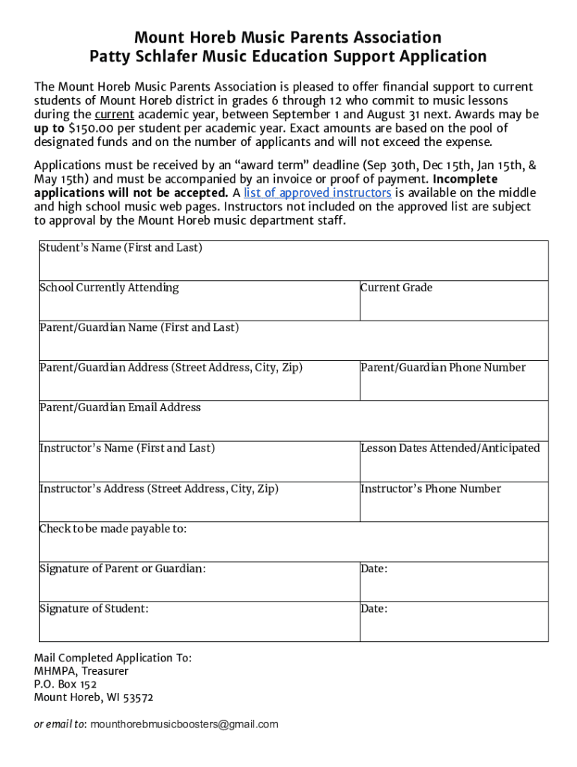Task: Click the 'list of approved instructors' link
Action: click(318, 192)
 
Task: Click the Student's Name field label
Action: click(121, 247)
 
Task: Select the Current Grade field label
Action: click(396, 288)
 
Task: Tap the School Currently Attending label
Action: click(109, 288)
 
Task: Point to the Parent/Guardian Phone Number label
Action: click(443, 367)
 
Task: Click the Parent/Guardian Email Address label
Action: click(120, 407)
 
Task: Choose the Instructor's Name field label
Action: click(127, 448)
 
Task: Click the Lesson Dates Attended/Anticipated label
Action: click(450, 448)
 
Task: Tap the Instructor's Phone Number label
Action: click(431, 488)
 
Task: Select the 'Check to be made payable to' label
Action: click(112, 529)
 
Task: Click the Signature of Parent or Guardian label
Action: click(122, 569)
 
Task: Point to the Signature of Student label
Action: click(94, 608)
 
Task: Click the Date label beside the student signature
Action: click(374, 608)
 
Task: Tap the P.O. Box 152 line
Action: click(65, 684)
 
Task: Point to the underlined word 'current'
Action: click(115, 115)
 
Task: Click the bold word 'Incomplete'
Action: click(465, 179)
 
